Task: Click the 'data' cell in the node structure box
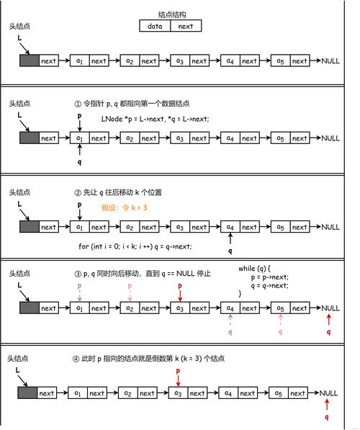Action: pyautogui.click(x=155, y=26)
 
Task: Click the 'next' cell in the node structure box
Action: pyautogui.click(x=186, y=26)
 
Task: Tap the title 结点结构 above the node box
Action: pyautogui.click(x=172, y=14)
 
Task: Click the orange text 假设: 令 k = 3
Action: pyautogui.click(x=125, y=207)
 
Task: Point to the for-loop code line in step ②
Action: pyautogui.click(x=135, y=246)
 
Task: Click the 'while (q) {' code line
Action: pyautogui.click(x=254, y=268)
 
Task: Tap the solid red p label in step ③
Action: pyautogui.click(x=180, y=286)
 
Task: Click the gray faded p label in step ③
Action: pyautogui.click(x=79, y=286)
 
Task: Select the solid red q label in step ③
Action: pyautogui.click(x=328, y=332)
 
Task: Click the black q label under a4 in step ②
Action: pyautogui.click(x=230, y=251)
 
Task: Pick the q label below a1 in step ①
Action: pyautogui.click(x=79, y=162)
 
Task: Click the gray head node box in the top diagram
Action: pyautogui.click(x=30, y=61)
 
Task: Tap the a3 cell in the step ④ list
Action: pyautogui.click(x=178, y=393)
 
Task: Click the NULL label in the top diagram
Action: pyautogui.click(x=330, y=61)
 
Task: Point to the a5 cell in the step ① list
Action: pyautogui.click(x=281, y=138)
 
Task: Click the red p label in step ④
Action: pyautogui.click(x=178, y=372)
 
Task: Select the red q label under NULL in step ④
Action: pyautogui.click(x=327, y=417)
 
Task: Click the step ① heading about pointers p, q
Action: pyautogui.click(x=132, y=104)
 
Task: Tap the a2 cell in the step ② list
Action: pyautogui.click(x=130, y=227)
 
